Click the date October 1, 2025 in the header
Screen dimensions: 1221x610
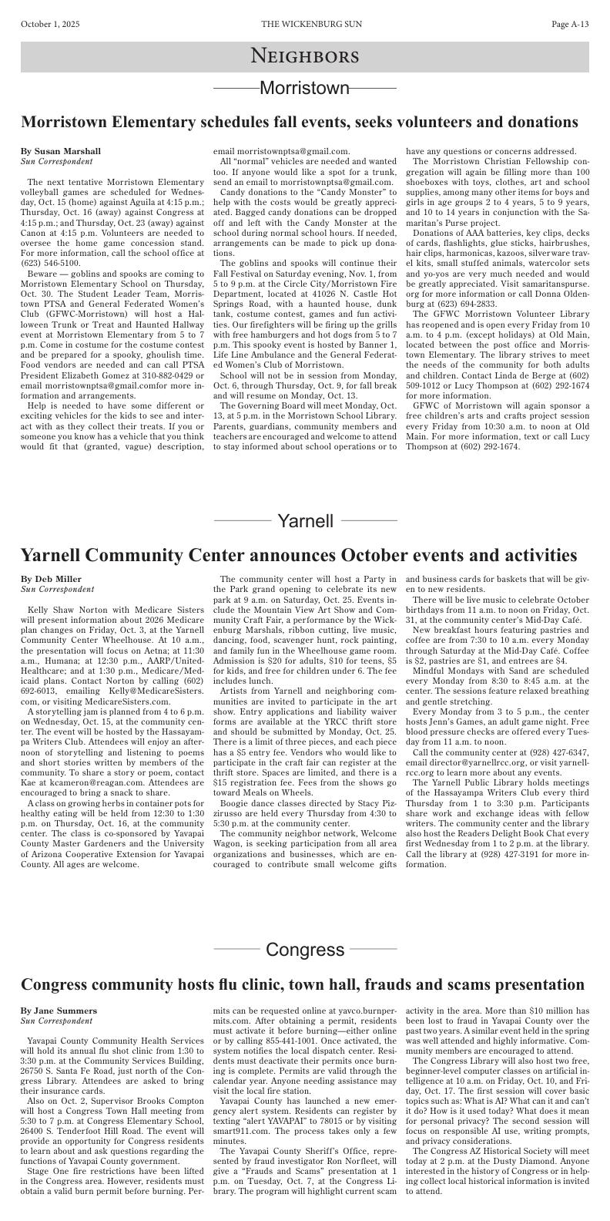(50, 25)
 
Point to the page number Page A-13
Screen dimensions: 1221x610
(570, 25)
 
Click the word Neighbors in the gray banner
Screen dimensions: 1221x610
(305, 56)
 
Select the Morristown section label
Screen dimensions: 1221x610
(305, 88)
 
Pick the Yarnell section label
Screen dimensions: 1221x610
(305, 521)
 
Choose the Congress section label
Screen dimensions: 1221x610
(305, 949)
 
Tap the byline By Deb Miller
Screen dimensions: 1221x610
(51, 579)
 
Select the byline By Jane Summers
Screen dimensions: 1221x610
(59, 1011)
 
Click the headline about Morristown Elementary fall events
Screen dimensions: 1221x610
(299, 122)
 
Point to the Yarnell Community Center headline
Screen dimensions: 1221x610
(298, 555)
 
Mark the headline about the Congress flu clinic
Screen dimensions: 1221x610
(302, 984)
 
